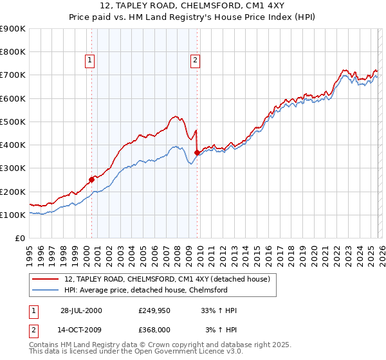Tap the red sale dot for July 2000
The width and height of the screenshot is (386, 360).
pyautogui.click(x=91, y=180)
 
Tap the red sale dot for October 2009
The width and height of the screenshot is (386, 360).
pyautogui.click(x=196, y=152)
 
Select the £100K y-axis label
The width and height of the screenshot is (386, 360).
pyautogui.click(x=13, y=215)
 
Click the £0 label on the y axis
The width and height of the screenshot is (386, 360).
pyautogui.click(x=19, y=239)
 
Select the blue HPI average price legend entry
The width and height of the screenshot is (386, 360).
pyautogui.click(x=145, y=290)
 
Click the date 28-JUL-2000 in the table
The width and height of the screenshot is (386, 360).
pyautogui.click(x=82, y=310)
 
